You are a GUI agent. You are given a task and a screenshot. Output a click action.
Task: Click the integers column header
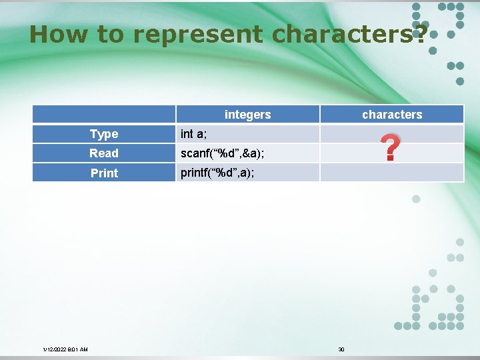[247, 115]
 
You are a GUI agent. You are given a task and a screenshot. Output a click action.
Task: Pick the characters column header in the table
[391, 115]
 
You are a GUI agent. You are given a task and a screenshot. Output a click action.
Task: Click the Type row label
[104, 134]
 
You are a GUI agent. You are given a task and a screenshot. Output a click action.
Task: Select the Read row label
[104, 153]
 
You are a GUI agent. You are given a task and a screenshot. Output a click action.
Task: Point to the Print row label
[104, 173]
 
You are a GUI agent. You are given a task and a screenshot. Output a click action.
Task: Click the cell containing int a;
[194, 134]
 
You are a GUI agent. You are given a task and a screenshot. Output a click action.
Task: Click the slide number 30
[341, 349]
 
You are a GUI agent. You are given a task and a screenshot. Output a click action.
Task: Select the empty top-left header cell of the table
[104, 115]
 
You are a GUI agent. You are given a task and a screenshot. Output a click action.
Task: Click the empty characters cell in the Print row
[391, 173]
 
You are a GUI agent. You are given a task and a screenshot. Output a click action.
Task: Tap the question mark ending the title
[419, 34]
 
